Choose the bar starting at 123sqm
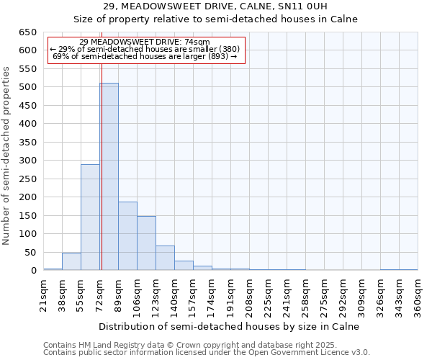click(x=165, y=258)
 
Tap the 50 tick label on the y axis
click(x=30, y=253)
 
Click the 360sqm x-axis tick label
click(x=418, y=297)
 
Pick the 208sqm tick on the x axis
click(x=250, y=297)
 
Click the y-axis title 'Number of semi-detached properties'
click(x=8, y=156)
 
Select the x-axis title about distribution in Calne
click(x=230, y=326)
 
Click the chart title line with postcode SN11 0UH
click(x=215, y=6)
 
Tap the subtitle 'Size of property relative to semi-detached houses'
click(x=216, y=19)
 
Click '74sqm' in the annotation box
click(x=196, y=42)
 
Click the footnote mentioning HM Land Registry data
click(x=206, y=345)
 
